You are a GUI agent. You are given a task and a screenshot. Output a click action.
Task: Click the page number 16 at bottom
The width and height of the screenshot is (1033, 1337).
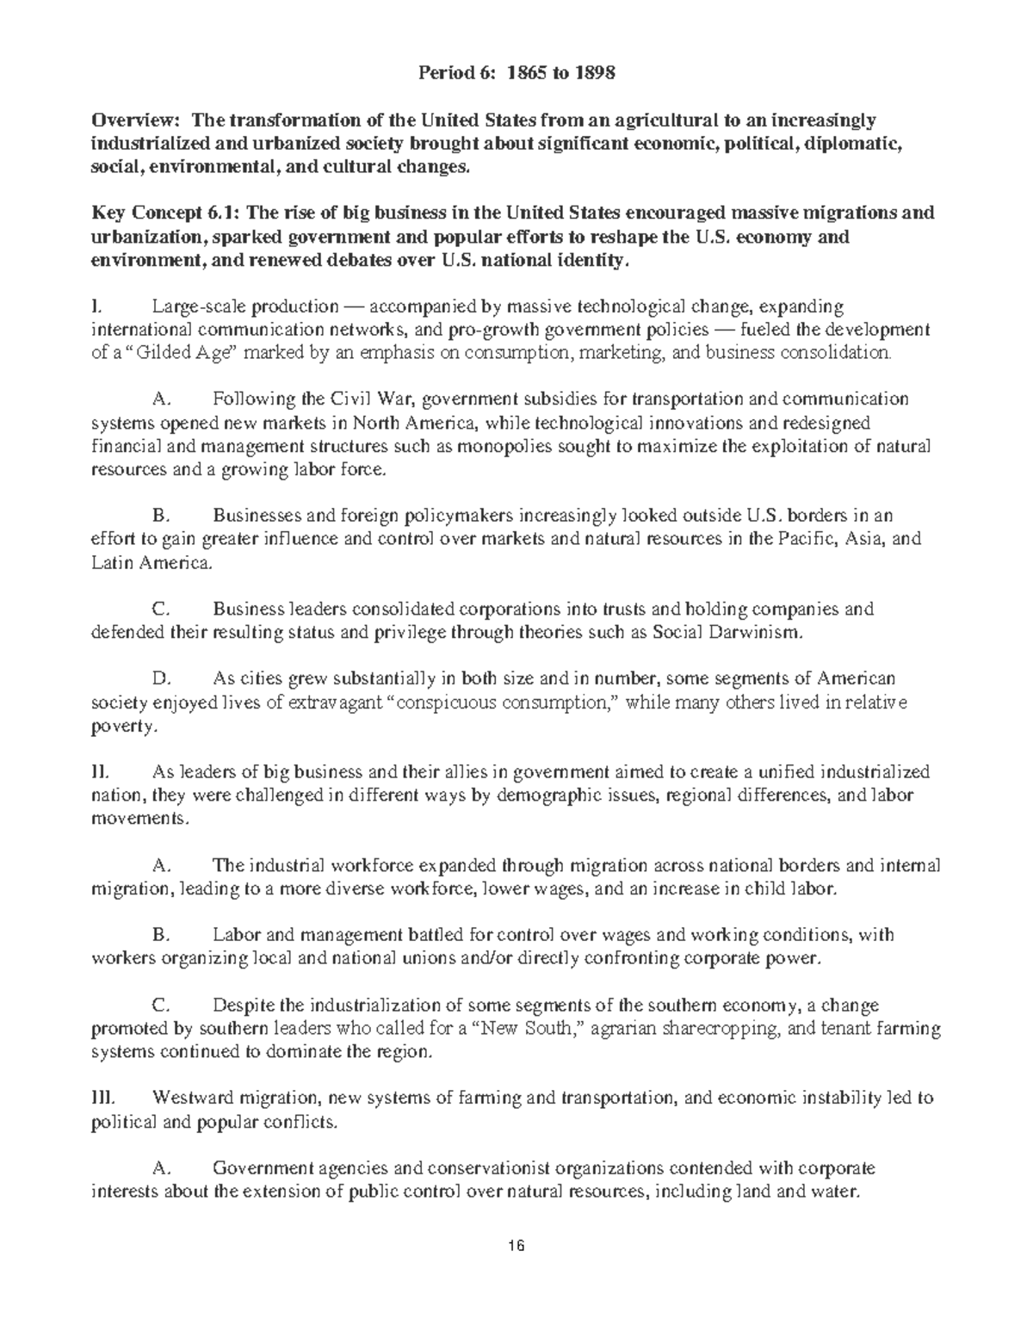click(516, 1246)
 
